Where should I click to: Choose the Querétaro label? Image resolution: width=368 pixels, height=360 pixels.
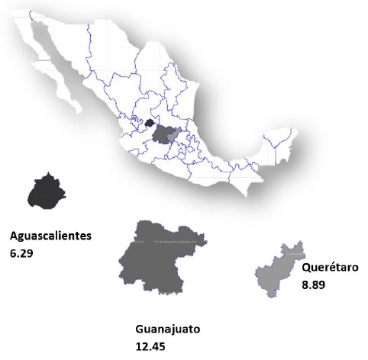(x=329, y=268)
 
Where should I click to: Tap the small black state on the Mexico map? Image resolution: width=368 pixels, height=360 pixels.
(x=150, y=122)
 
